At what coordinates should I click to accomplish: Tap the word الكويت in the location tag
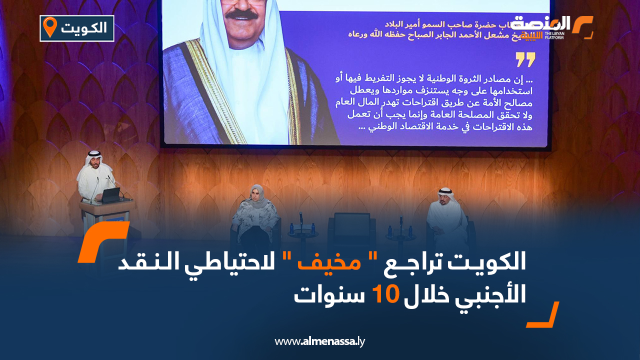coord(84,28)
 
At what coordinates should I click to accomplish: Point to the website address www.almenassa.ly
coord(320,341)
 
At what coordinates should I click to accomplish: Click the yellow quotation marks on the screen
coord(525,59)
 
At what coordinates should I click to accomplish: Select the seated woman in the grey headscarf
coord(255,212)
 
